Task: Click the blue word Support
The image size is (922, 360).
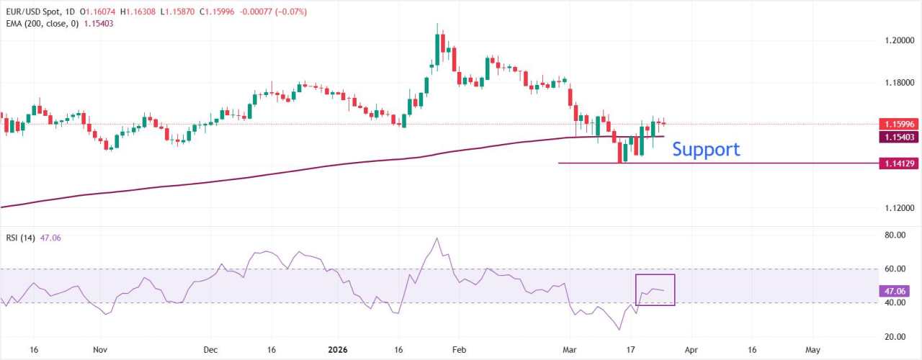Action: (x=705, y=149)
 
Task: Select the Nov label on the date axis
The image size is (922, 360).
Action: (x=100, y=349)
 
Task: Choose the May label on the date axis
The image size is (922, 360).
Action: (x=813, y=349)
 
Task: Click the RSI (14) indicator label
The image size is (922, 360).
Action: (x=22, y=238)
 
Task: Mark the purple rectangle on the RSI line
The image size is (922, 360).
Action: (x=655, y=289)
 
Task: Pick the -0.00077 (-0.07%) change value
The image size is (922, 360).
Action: (x=277, y=12)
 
